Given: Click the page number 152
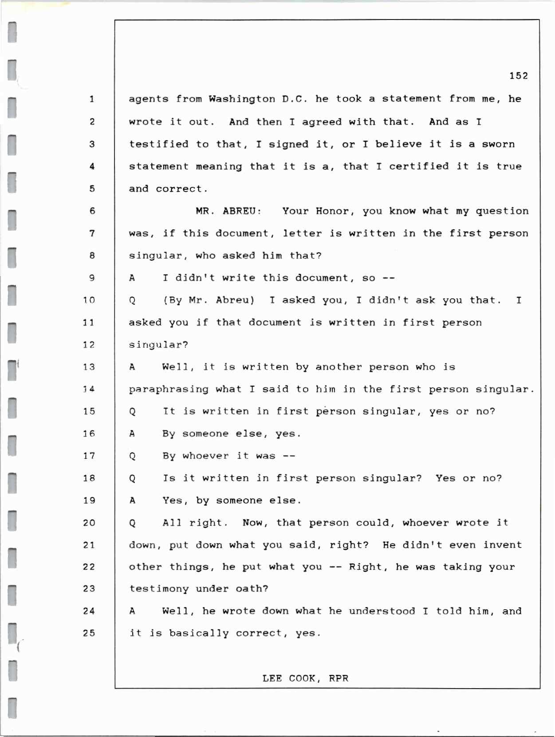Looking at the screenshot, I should click(518, 76).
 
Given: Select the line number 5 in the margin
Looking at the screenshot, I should click(92, 189).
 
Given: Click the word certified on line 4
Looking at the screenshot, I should click(419, 166).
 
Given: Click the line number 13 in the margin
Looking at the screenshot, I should click(89, 367).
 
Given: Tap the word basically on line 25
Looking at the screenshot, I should click(199, 634).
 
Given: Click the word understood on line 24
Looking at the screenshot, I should click(382, 611).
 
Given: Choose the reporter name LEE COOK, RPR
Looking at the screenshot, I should click(305, 678).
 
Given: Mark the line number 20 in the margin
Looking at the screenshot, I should click(89, 523).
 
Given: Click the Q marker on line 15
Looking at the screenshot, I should click(132, 412).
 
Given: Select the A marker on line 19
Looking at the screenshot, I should click(132, 501).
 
